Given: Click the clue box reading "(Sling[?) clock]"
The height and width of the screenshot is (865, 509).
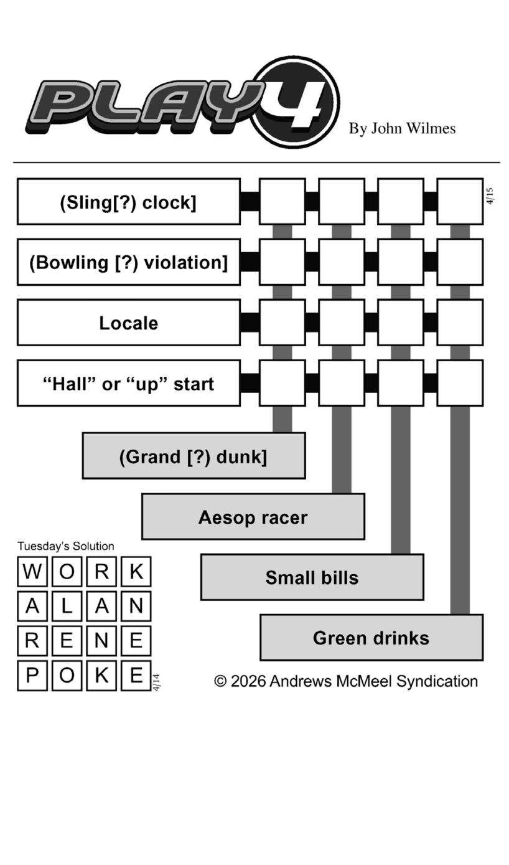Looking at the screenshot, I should [128, 202].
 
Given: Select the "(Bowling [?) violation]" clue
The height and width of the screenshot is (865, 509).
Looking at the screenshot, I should [128, 262].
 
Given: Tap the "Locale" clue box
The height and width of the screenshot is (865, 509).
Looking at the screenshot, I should [128, 323].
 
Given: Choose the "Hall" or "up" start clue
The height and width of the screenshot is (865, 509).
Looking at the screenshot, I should [128, 383].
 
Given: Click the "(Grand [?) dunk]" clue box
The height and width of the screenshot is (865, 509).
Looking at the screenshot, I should [194, 456].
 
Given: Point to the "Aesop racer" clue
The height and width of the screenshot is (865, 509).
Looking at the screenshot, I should [253, 517].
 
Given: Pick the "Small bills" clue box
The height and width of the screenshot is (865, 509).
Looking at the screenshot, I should [312, 577].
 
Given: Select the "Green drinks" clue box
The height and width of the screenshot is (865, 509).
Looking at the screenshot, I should [371, 638].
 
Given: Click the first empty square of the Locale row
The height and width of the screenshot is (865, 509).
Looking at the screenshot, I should [282, 323].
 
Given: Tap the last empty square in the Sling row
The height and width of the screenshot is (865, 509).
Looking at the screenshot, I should [460, 202].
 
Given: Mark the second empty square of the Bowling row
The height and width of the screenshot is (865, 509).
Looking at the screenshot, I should [341, 262].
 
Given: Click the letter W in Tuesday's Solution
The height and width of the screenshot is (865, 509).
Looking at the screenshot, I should [32, 572].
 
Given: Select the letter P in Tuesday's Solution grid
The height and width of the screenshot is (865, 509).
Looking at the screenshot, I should [32, 675].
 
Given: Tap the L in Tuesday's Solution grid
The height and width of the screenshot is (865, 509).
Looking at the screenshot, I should [67, 606].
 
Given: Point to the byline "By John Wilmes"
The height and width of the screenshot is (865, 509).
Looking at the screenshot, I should [402, 128].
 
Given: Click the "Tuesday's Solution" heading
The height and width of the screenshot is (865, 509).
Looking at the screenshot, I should [66, 546].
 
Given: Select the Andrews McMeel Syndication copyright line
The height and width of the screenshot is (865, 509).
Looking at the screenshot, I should [346, 681].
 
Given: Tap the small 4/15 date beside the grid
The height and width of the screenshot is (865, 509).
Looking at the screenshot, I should [490, 196].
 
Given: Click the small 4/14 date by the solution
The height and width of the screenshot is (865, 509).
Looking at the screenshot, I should [157, 682].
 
